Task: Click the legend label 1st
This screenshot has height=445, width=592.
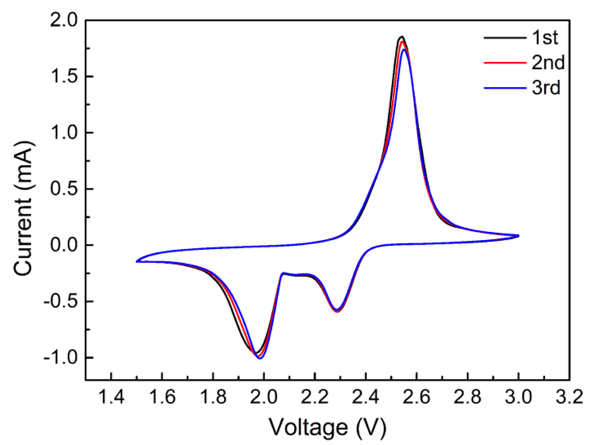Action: pos(545,37)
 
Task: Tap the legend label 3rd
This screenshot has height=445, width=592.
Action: pos(546,88)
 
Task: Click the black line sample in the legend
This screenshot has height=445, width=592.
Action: pos(505,38)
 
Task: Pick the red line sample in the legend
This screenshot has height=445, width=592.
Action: pos(505,63)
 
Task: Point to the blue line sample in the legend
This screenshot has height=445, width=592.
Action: pos(505,88)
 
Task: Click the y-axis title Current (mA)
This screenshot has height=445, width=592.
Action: pos(23,208)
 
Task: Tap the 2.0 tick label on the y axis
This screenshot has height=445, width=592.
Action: pos(64,20)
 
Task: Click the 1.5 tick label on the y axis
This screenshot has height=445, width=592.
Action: pos(64,76)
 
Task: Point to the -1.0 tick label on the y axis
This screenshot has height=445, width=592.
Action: pos(60,358)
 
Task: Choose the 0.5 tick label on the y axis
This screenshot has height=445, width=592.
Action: pos(64,189)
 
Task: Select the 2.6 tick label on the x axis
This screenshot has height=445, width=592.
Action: pos(417,397)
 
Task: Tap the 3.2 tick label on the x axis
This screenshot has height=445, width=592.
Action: pos(569,397)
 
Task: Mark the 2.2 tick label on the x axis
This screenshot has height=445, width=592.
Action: pos(315,397)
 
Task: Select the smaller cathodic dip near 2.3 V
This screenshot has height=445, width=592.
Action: pos(337,311)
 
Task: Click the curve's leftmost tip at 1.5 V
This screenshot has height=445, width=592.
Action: pos(136,262)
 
